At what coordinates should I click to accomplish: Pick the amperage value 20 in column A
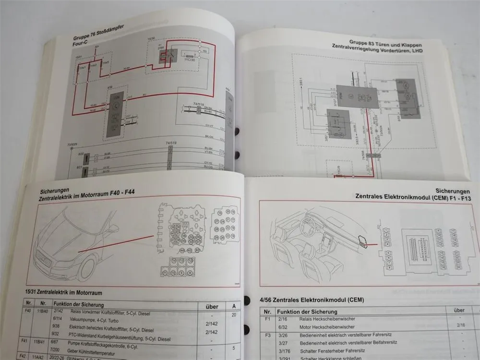click(x=233, y=315)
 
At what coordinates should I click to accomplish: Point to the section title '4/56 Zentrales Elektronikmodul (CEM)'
click(x=312, y=300)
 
